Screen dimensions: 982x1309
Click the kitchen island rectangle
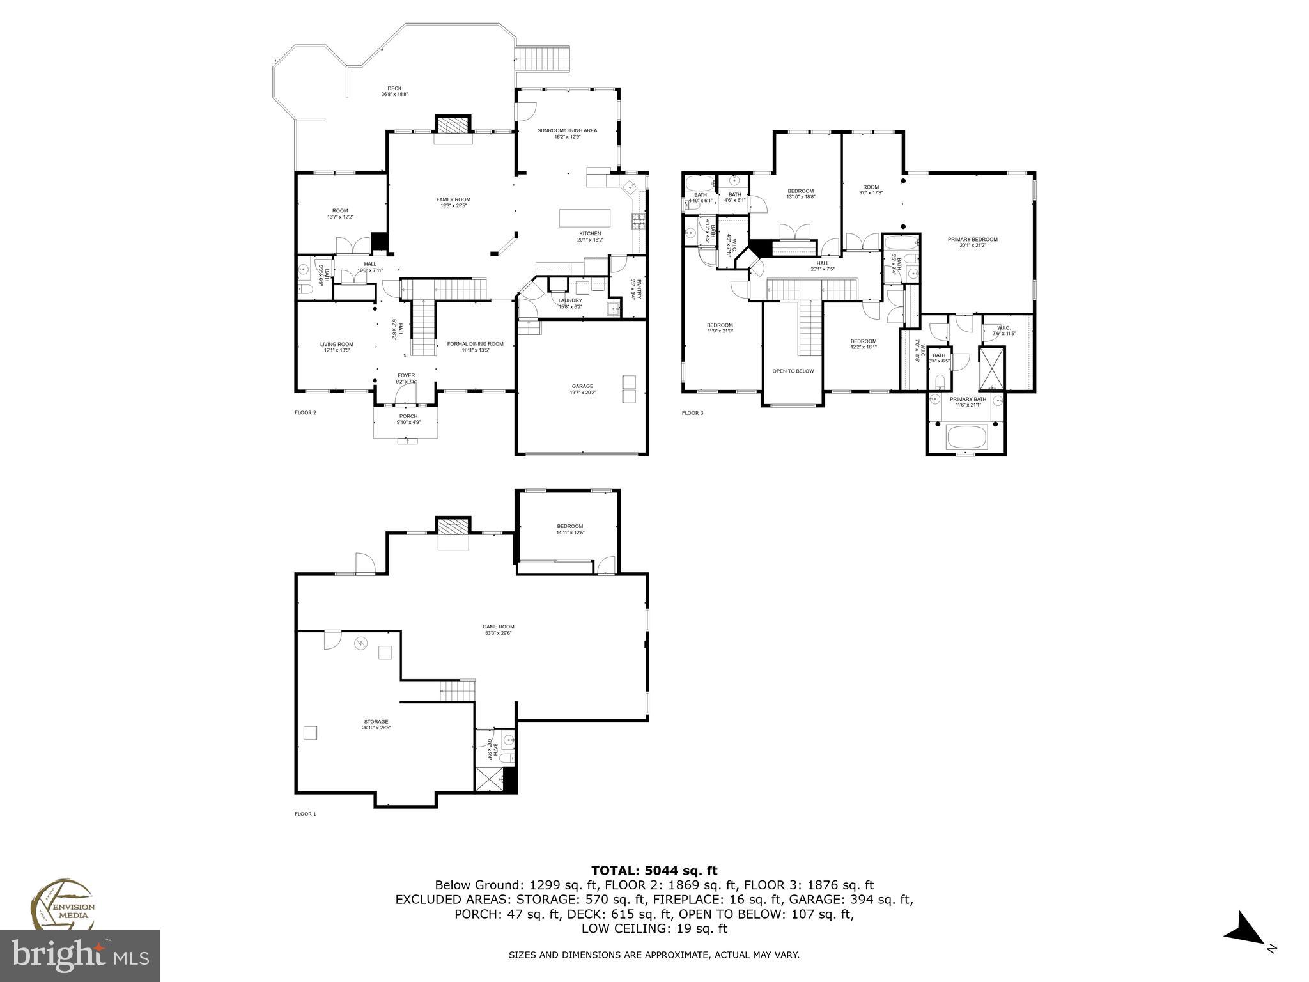[585, 218]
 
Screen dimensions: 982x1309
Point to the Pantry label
[635, 289]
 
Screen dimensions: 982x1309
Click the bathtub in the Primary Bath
[967, 438]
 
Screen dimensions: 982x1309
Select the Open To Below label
[793, 371]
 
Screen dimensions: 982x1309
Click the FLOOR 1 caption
[305, 814]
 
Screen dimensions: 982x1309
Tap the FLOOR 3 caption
[692, 413]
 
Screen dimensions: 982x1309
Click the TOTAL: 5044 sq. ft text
[654, 870]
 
